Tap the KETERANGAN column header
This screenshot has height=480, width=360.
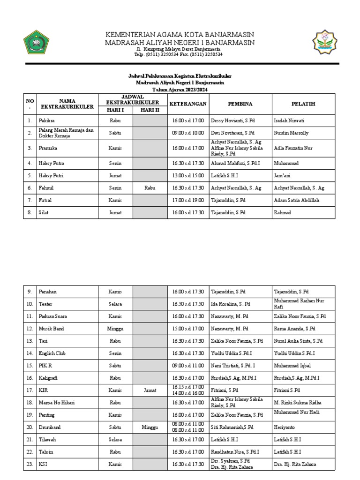[187, 103]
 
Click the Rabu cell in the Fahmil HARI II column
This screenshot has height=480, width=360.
[149, 188]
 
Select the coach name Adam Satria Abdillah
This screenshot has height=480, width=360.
[296, 200]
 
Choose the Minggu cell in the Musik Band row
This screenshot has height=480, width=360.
[115, 329]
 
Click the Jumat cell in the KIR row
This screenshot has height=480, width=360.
[149, 390]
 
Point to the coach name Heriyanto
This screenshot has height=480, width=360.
[286, 427]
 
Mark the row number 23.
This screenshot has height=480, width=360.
[29, 464]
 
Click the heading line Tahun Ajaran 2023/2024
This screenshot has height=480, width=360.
[180, 90]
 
